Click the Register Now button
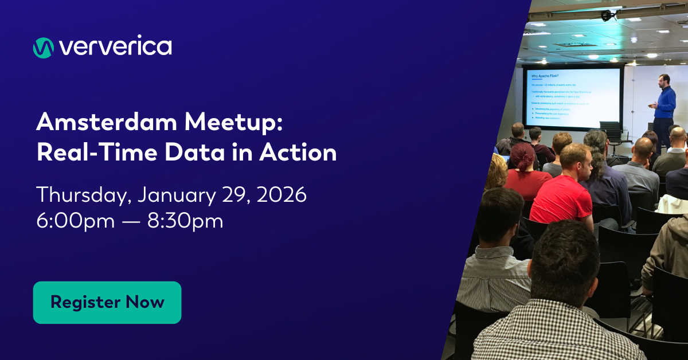107,303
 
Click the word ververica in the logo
115,47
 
